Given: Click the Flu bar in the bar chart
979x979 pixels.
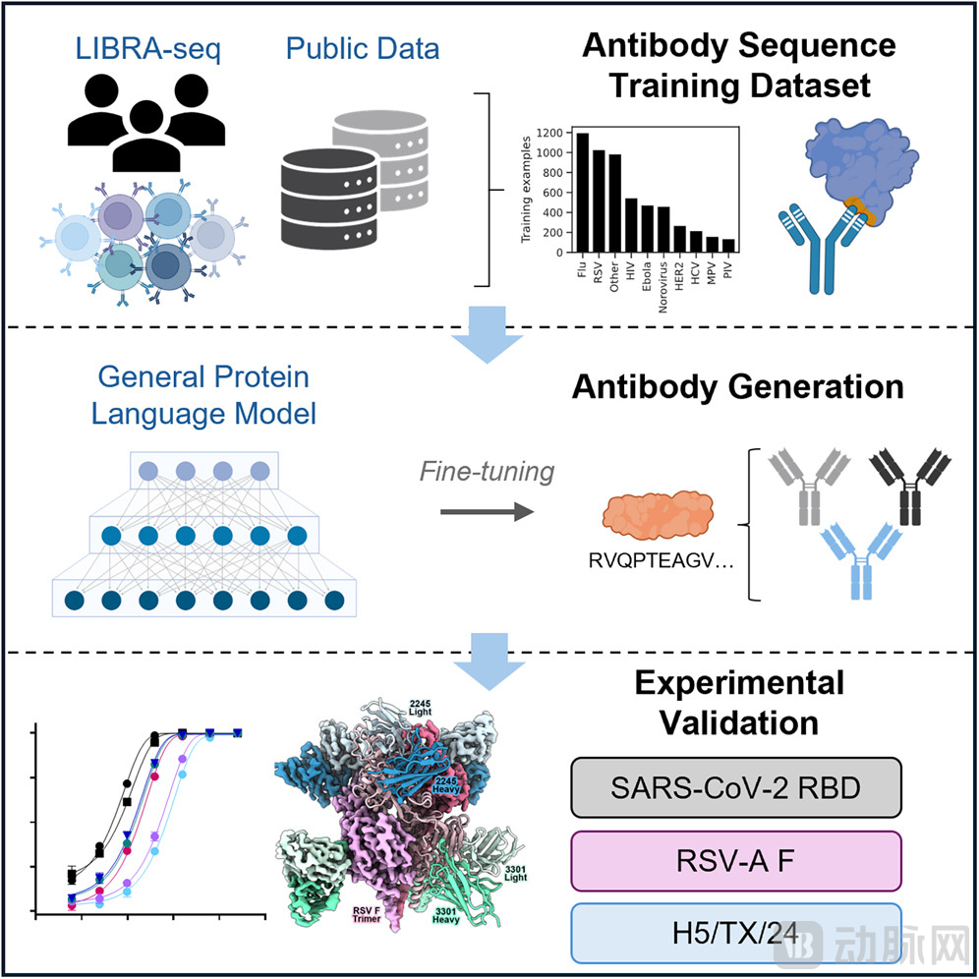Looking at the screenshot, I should [583, 193].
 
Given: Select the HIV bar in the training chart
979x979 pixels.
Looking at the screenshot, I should [630, 226].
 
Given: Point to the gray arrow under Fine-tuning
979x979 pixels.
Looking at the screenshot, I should [486, 511].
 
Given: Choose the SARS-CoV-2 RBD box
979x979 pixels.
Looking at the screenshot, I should [735, 786].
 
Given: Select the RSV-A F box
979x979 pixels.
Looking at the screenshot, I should [735, 860].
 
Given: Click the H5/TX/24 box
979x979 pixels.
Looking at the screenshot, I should [735, 931].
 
